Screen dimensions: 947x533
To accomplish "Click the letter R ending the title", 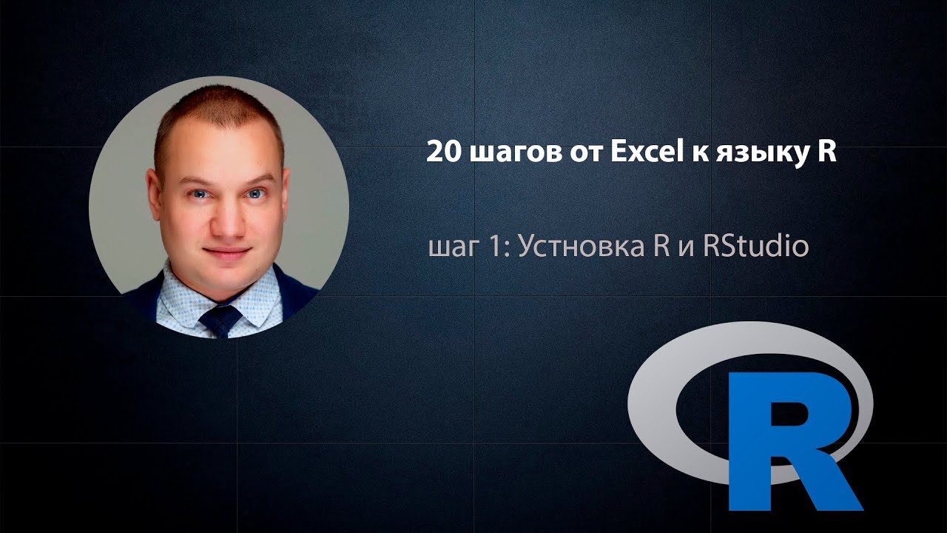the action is tap(827, 152).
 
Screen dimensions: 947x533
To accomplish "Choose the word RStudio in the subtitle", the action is tap(756, 245).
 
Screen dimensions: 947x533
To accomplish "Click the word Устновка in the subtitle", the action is tap(582, 247).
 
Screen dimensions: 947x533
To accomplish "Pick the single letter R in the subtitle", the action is tap(661, 246).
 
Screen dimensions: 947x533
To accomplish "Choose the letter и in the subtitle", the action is tap(687, 248).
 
